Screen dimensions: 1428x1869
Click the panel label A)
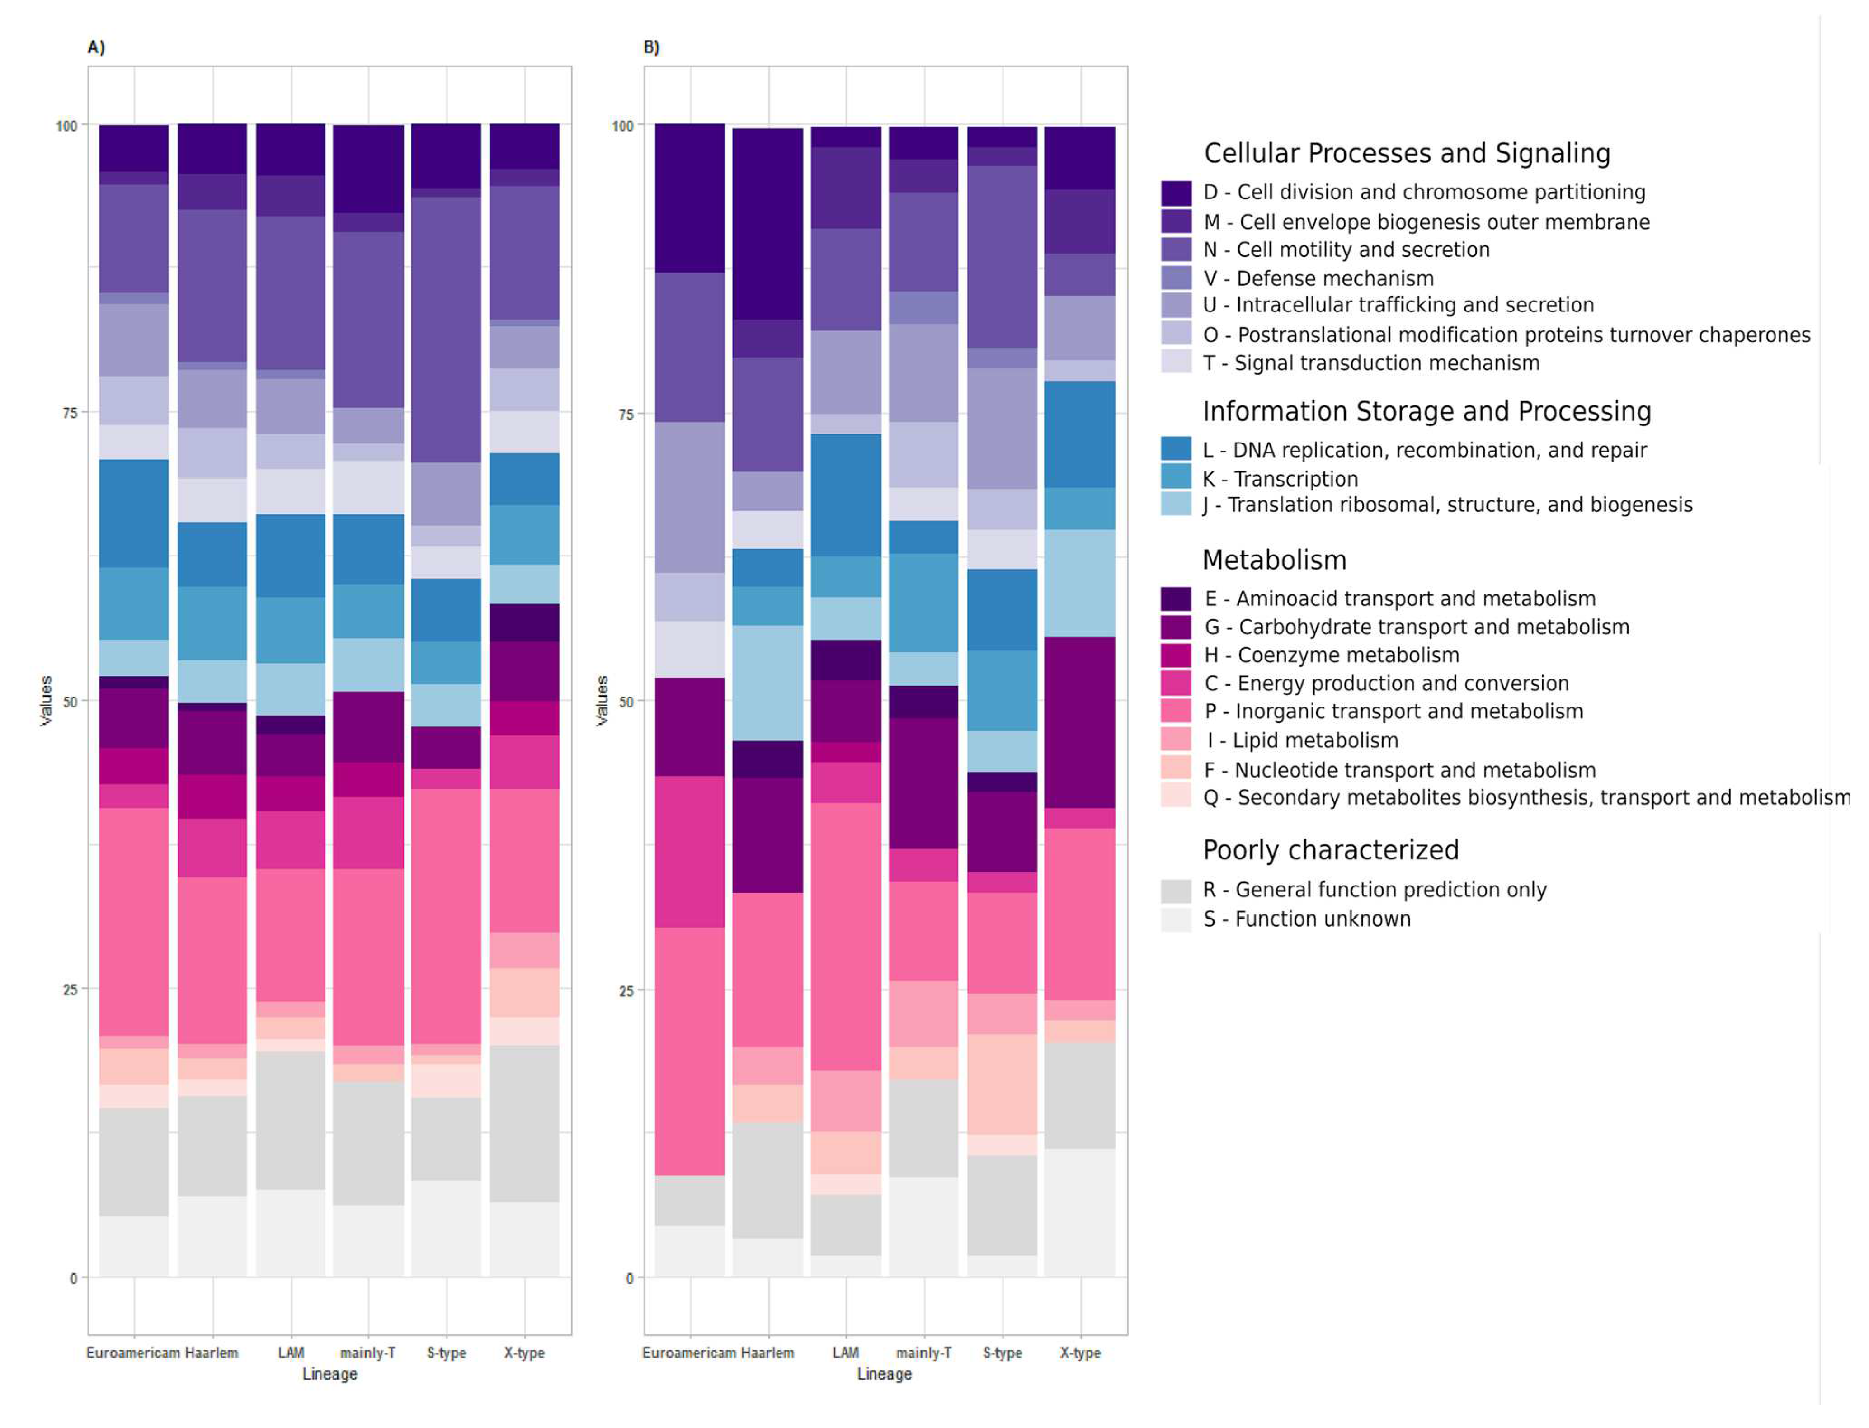(96, 47)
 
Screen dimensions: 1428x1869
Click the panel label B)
(651, 47)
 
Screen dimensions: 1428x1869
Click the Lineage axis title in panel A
(330, 1375)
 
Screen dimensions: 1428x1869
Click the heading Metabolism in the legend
(1273, 560)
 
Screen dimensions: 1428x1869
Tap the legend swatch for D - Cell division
(1176, 193)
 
